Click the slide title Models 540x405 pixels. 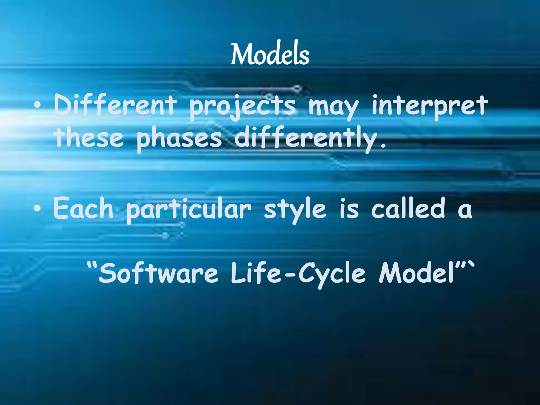pos(270,54)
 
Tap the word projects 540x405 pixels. pos(243,107)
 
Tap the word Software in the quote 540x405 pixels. pos(158,273)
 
